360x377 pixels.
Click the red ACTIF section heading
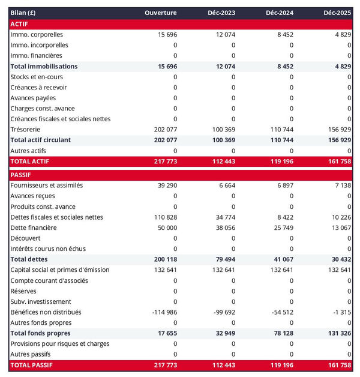pyautogui.click(x=20, y=23)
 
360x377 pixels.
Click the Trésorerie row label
pyautogui.click(x=27, y=129)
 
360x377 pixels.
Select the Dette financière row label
pyautogui.click(x=34, y=228)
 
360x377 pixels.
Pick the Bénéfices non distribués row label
pyautogui.click(x=46, y=312)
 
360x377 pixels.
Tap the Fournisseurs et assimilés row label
pyautogui.click(x=47, y=185)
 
